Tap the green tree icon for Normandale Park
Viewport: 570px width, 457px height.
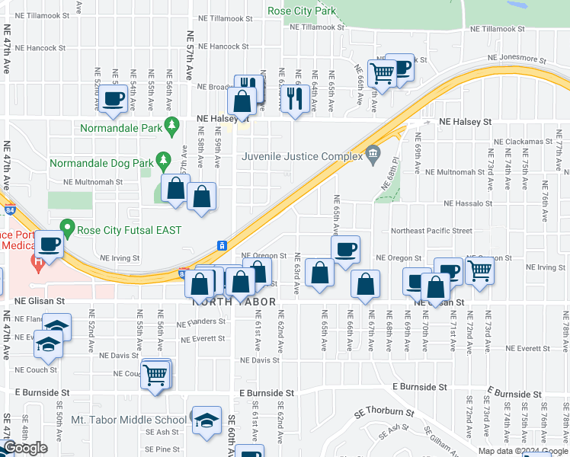click(173, 123)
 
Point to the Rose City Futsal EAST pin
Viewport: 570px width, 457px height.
click(67, 227)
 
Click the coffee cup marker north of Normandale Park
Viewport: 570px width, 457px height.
click(114, 98)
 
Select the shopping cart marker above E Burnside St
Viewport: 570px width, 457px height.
click(155, 374)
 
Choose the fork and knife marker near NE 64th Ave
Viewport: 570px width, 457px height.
click(293, 96)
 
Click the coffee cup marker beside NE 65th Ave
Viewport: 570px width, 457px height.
click(345, 249)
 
